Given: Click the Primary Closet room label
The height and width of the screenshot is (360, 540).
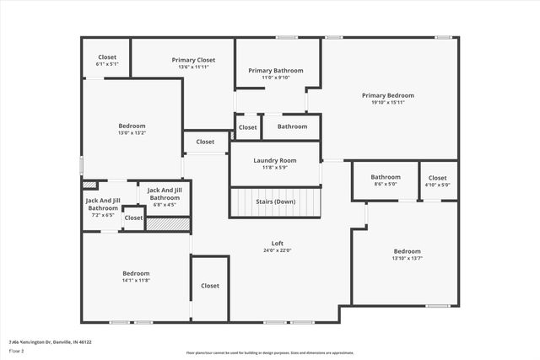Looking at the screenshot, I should [193, 60].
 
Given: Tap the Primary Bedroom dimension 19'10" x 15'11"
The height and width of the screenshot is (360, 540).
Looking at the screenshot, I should [388, 103].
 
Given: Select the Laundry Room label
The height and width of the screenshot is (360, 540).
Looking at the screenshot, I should [275, 160].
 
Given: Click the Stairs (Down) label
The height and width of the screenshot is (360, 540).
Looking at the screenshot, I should [275, 202].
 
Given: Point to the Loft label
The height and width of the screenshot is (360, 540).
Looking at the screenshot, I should [277, 243].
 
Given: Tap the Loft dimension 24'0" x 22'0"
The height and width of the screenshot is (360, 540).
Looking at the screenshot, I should [277, 250].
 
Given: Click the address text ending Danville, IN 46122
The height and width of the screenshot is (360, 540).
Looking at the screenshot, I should [50, 342].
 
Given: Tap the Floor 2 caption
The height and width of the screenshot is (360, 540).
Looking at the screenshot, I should [18, 351].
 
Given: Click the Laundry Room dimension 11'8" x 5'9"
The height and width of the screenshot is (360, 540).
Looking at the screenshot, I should [275, 168].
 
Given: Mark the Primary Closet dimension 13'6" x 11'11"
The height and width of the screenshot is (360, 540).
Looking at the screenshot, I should [193, 67].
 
